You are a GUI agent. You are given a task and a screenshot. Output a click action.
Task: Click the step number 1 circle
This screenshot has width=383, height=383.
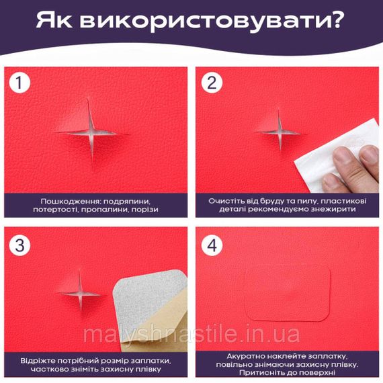(x=19, y=83)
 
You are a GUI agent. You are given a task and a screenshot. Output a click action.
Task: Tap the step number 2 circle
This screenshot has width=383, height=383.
(x=212, y=83)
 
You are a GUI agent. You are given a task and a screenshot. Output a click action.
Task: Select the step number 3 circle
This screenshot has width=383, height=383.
(x=19, y=245)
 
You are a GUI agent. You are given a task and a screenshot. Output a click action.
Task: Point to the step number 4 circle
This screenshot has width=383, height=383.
(x=212, y=245)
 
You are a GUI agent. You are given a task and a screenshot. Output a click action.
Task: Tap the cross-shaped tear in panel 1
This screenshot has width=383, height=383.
(x=91, y=134)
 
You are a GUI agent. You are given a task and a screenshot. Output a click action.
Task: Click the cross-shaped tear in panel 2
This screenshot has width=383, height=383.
(x=280, y=132)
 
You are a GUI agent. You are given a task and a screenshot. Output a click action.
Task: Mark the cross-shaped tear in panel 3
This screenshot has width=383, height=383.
(x=81, y=292)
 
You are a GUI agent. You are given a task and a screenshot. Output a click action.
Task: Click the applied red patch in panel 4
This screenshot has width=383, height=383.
(x=288, y=293)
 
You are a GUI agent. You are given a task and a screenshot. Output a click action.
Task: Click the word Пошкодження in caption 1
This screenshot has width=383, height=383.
(x=70, y=202)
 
